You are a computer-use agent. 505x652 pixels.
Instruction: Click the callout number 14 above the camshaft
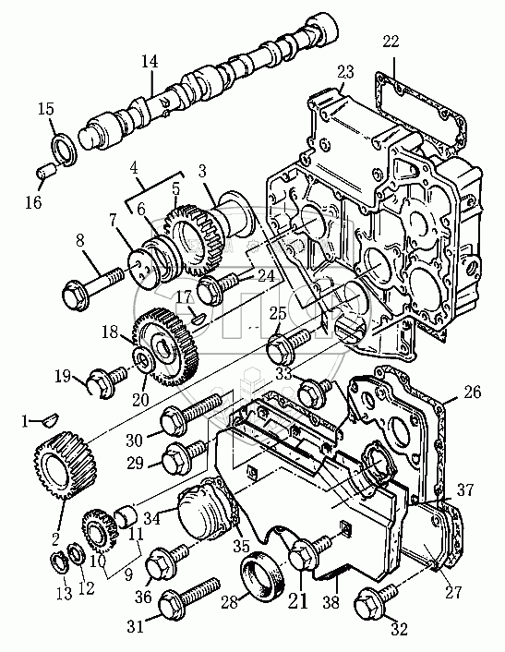[x=150, y=62]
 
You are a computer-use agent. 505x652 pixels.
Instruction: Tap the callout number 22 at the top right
[x=391, y=42]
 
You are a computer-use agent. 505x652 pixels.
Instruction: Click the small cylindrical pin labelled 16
[x=46, y=172]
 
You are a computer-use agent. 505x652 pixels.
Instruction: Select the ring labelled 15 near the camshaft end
[x=64, y=149]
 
